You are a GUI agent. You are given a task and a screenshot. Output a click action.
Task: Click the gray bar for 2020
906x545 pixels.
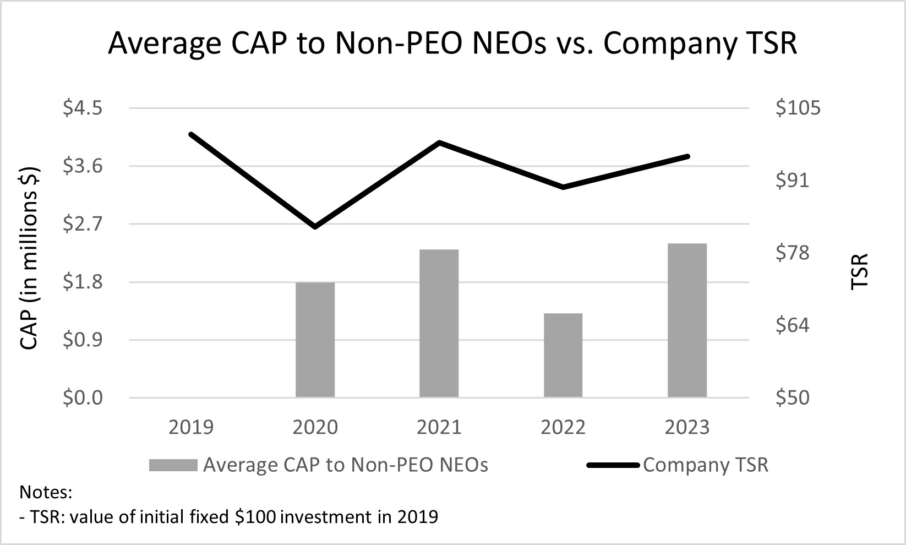[315, 340]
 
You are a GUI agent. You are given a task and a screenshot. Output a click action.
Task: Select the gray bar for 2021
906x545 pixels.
[439, 324]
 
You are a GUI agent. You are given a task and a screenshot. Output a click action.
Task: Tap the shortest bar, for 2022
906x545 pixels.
[563, 356]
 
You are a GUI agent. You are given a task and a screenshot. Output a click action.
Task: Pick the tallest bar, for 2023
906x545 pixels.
[687, 320]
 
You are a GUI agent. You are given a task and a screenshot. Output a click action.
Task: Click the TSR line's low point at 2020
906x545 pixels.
[315, 226]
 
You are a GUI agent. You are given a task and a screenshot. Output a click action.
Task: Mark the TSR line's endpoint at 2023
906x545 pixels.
[687, 156]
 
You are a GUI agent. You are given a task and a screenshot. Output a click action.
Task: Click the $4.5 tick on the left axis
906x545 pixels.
[83, 108]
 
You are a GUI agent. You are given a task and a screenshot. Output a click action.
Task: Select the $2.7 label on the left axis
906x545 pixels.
[83, 224]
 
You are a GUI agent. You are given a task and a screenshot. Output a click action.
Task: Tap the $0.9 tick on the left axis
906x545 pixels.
[83, 340]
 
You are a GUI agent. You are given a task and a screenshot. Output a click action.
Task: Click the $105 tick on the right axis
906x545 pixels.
[798, 108]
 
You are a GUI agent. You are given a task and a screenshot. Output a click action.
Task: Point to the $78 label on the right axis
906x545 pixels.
[792, 253]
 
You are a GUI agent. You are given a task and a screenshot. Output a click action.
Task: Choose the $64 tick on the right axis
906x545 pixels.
[792, 325]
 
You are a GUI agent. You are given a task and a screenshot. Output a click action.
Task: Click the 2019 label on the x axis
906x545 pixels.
[191, 427]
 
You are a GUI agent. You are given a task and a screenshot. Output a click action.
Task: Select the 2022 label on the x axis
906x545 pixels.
[563, 427]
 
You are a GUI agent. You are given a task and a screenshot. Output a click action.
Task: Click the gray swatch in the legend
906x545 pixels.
[173, 465]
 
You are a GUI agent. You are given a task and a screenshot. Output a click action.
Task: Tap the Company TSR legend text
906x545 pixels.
[705, 465]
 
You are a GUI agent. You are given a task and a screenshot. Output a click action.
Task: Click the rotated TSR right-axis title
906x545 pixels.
[859, 271]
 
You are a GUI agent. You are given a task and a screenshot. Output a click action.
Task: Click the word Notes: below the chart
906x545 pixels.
[46, 492]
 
